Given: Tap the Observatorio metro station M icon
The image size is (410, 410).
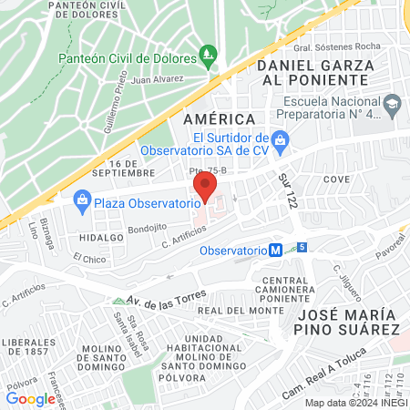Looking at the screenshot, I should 275,250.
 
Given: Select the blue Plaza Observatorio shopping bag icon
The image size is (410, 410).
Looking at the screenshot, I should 82,200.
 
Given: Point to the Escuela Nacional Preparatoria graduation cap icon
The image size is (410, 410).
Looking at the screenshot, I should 393,101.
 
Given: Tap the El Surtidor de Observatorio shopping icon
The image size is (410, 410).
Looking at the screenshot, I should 282,138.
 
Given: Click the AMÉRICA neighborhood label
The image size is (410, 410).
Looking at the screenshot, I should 219,119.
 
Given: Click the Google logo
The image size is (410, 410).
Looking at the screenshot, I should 30,398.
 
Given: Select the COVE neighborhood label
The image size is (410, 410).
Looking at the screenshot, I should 336,179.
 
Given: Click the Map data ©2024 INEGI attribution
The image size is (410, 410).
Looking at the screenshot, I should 354,402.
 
